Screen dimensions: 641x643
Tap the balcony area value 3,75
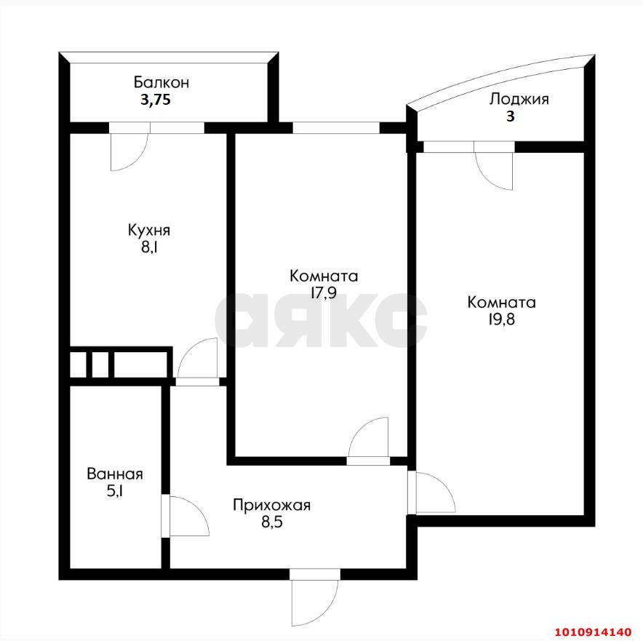pos(155,101)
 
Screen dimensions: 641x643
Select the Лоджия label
pos(519,99)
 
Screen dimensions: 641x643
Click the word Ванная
pos(114,474)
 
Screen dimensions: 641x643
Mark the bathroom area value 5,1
pos(114,492)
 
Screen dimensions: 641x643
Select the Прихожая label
pos(271,505)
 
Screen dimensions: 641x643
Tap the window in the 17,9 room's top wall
pos(336,128)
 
